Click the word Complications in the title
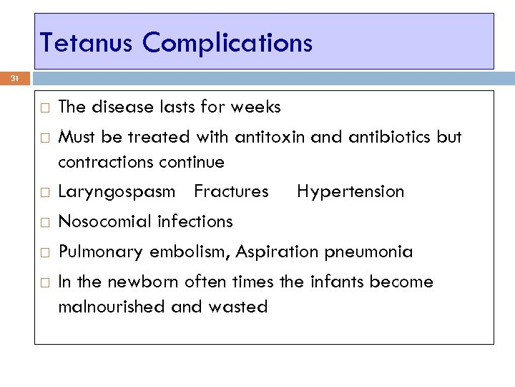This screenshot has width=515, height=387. [227, 43]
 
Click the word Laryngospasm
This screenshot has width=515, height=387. [116, 192]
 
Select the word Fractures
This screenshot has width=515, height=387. [231, 192]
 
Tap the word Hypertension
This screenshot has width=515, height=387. [350, 192]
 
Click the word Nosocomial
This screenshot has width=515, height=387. [100, 222]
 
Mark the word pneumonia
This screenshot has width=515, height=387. [368, 252]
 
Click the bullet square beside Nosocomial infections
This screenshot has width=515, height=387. [44, 222]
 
